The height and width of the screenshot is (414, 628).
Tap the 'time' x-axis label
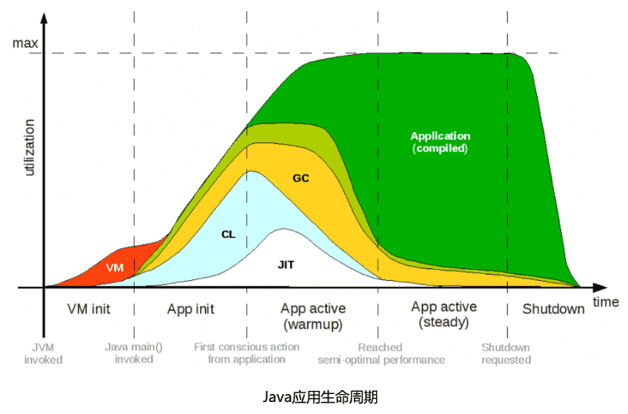606,302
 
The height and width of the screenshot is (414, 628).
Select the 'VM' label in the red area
115,268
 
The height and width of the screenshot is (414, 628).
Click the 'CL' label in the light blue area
229,234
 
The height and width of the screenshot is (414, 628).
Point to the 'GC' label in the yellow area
300,178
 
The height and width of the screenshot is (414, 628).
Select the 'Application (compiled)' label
440,142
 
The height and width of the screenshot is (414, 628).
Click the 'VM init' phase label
89,309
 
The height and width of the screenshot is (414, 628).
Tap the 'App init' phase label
190,309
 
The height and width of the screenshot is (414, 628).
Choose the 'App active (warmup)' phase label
313,316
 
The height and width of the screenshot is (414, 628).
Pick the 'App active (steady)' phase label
444,314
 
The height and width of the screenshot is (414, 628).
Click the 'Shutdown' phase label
553,309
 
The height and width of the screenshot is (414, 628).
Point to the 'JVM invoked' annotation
43,353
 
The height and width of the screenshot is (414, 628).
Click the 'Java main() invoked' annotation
134,353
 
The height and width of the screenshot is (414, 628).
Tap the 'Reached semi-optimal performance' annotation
381,353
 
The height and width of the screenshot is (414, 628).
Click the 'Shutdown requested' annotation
506,353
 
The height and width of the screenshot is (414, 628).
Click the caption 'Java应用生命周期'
314,396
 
